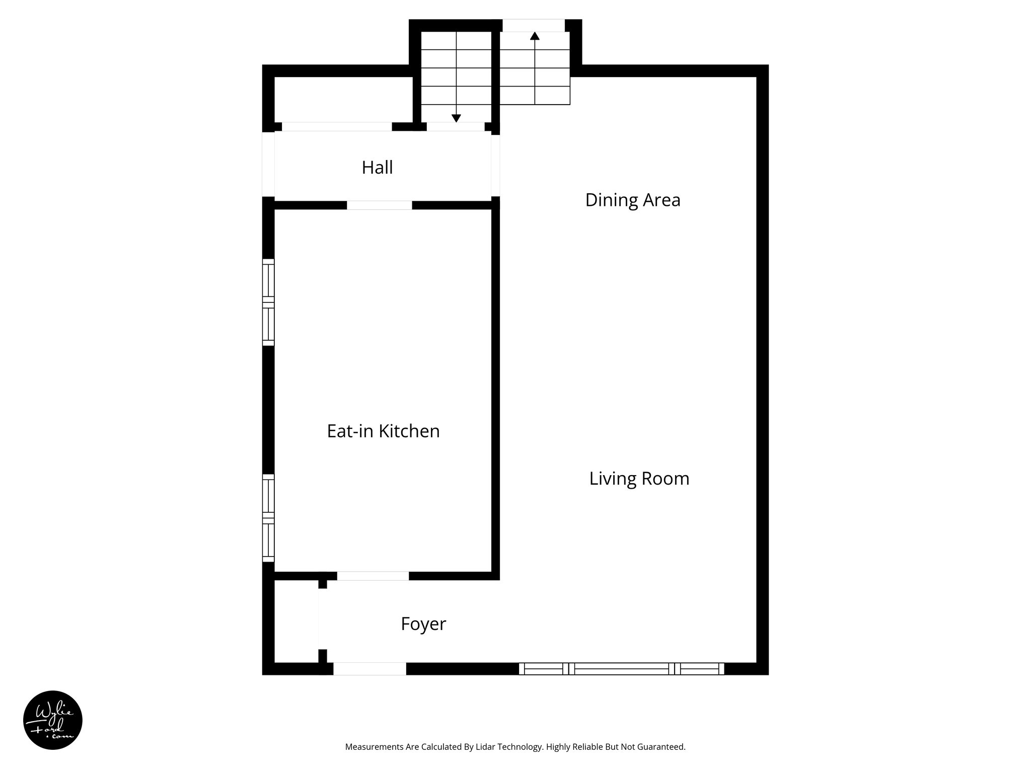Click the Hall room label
click(377, 168)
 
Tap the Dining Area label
click(632, 200)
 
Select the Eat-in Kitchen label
click(383, 431)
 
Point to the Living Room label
click(639, 479)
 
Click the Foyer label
click(423, 624)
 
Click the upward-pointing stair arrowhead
click(535, 36)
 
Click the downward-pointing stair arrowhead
click(456, 118)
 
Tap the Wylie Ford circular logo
click(53, 720)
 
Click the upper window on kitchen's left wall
click(268, 302)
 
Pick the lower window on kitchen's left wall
click(268, 518)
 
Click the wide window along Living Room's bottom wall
click(621, 669)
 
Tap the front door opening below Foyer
click(370, 669)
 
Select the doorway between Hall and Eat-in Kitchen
click(379, 205)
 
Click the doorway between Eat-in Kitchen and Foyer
click(373, 576)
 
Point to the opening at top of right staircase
click(534, 25)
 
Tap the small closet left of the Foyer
click(296, 622)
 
